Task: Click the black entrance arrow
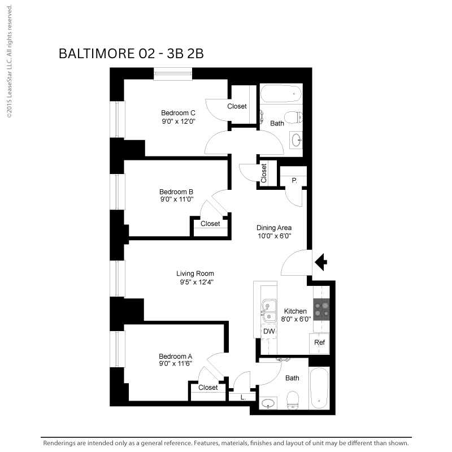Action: [x=321, y=262]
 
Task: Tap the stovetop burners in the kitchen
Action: [x=321, y=309]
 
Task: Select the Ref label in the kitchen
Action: [x=319, y=342]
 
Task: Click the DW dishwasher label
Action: [x=269, y=331]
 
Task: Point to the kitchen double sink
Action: [x=268, y=311]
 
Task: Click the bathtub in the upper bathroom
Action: [x=281, y=93]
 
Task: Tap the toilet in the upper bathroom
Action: [x=293, y=118]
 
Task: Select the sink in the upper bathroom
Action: [x=296, y=141]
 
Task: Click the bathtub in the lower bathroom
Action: [x=319, y=388]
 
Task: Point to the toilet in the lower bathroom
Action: [x=293, y=400]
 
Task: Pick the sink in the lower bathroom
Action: [x=268, y=403]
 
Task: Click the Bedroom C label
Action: [x=178, y=112]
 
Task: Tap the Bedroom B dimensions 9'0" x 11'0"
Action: [x=177, y=199]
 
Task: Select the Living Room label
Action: [x=195, y=273]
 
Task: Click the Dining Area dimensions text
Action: [x=274, y=236]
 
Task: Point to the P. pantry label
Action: [x=294, y=181]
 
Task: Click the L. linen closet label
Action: [x=243, y=398]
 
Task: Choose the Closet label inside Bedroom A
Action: [x=208, y=388]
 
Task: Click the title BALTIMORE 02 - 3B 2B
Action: [x=131, y=54]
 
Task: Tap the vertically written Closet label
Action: [x=264, y=173]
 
